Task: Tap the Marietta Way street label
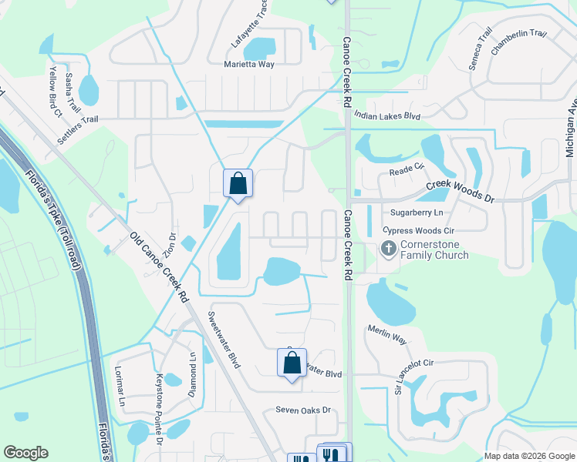249,65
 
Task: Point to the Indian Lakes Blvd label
387,115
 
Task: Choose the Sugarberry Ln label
417,212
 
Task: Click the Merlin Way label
387,338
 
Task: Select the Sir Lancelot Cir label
414,377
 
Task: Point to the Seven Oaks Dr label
303,410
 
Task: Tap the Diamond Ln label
193,374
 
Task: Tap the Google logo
26,453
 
